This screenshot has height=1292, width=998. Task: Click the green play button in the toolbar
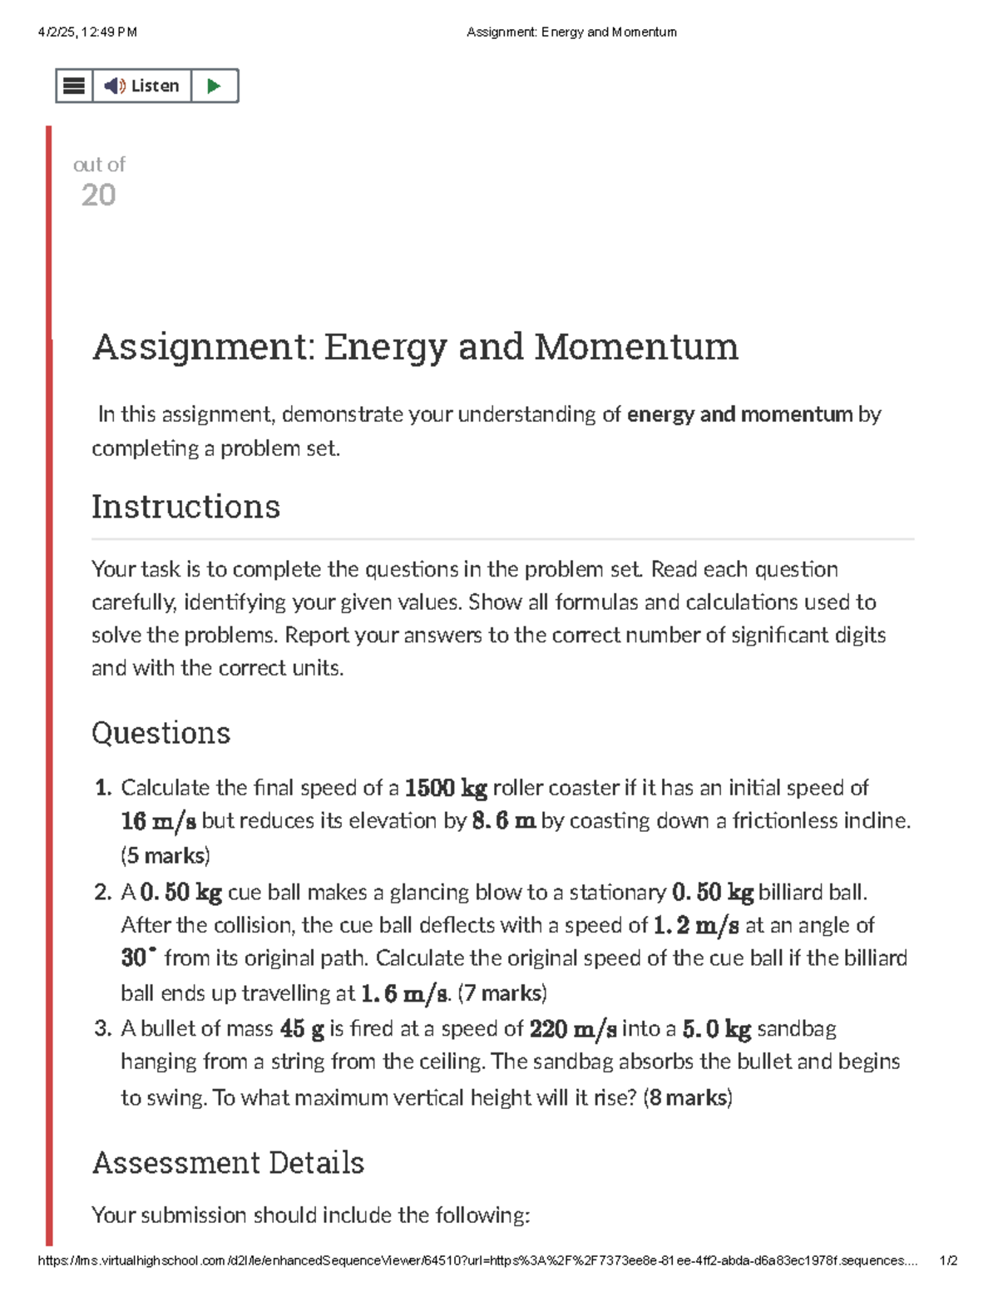coord(214,86)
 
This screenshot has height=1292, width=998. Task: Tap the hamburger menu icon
coord(74,86)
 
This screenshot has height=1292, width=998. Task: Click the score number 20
coord(98,196)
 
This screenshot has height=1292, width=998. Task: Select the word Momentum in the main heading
coord(635,346)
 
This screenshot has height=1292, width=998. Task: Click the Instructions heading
coord(185,507)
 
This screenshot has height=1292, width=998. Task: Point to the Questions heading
coord(161,733)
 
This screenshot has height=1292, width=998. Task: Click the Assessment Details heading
coord(228,1162)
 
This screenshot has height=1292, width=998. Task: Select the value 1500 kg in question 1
coord(445,788)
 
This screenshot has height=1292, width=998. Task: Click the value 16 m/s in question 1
coord(158,821)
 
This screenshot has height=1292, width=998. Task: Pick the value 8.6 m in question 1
coord(503,821)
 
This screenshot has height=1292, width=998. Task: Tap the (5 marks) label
coord(166,855)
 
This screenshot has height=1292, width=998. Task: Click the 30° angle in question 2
coord(138,958)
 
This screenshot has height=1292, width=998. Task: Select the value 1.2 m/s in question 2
coord(695,925)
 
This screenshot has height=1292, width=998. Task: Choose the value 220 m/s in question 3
coord(572,1029)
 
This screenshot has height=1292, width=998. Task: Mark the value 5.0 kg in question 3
coord(716,1029)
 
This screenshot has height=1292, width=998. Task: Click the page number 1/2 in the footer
coord(947,1260)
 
